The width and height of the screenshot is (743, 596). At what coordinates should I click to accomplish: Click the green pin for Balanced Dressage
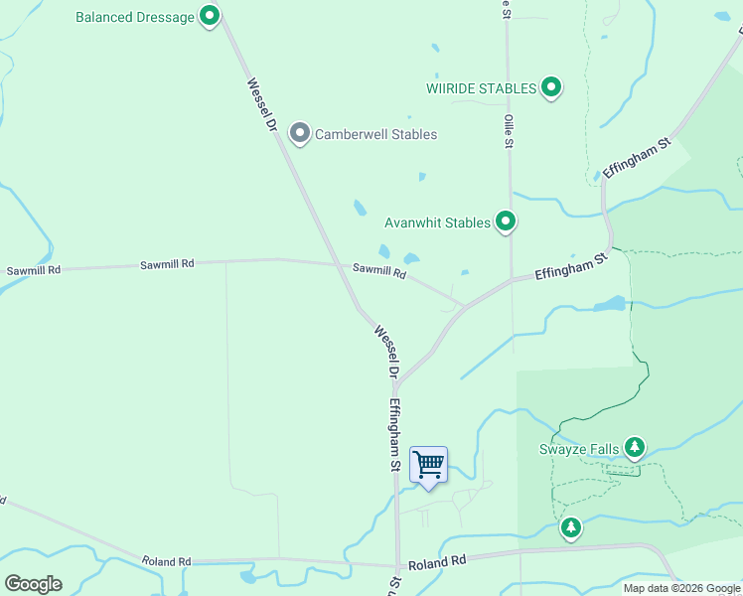[209, 16]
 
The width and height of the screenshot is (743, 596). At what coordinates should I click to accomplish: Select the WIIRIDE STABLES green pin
[551, 88]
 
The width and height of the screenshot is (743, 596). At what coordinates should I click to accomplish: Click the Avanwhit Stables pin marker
[506, 222]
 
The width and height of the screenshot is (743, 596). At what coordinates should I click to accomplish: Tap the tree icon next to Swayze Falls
[635, 448]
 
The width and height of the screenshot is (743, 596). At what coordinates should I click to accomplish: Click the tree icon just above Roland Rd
[570, 526]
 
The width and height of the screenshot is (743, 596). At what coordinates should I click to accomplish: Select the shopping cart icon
[428, 465]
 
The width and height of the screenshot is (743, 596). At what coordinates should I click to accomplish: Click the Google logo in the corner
[33, 583]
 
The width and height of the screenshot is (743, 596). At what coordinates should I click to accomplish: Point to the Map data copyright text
[681, 588]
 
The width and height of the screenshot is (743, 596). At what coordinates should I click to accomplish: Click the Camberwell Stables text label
[375, 134]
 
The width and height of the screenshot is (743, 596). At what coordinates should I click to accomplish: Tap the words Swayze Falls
[579, 449]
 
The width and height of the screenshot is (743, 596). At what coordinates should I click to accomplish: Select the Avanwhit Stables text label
[438, 223]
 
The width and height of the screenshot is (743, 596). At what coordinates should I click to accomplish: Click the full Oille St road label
[508, 130]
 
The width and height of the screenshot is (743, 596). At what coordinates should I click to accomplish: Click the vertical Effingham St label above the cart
[394, 434]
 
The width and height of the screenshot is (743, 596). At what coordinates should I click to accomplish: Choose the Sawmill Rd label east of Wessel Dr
[379, 270]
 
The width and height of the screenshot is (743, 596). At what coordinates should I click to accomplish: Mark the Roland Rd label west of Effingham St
[166, 561]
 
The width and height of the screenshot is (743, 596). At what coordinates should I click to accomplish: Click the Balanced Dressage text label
[136, 17]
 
